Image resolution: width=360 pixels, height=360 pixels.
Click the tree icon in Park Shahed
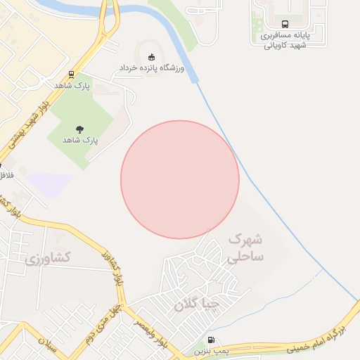(x=79, y=129)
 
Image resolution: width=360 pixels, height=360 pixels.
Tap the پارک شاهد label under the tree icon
(x=81, y=140)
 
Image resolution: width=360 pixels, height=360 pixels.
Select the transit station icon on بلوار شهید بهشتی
(x=71, y=75)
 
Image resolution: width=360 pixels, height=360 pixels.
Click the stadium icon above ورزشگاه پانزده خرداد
(x=149, y=57)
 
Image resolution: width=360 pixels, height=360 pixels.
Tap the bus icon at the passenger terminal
(x=284, y=22)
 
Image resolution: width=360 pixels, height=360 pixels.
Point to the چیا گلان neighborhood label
(x=197, y=304)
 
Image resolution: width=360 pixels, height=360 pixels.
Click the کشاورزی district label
(x=48, y=258)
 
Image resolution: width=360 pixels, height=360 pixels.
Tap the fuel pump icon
(x=212, y=340)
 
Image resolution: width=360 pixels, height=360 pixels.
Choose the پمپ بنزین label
(x=212, y=350)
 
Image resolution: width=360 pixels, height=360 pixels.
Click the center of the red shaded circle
(x=180, y=180)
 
